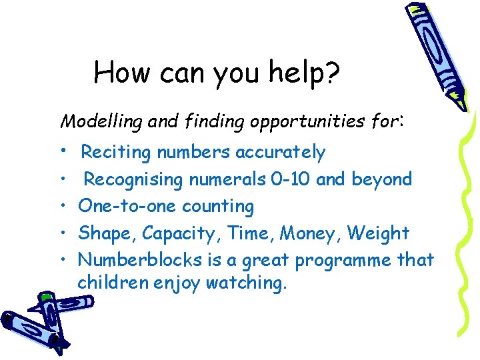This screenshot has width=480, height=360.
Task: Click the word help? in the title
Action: (x=305, y=73)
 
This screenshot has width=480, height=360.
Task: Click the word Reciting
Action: (x=116, y=153)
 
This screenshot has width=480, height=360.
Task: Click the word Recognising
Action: (x=133, y=179)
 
